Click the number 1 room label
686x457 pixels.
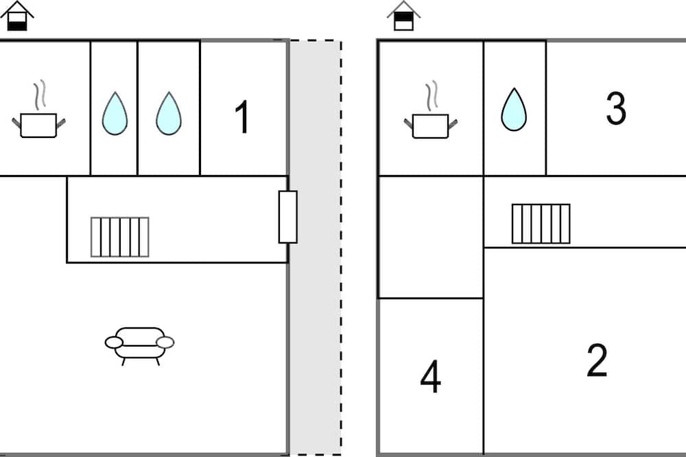[241, 117]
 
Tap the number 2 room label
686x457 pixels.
[597, 361]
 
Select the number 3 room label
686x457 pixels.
[616, 108]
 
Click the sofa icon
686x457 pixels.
[139, 342]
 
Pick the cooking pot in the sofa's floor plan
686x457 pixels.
[38, 125]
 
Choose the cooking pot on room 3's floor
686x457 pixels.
[430, 126]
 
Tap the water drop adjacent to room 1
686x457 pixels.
[168, 113]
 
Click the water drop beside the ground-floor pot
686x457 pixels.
[115, 113]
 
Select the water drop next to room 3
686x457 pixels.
[513, 110]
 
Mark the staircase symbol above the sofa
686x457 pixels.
[120, 237]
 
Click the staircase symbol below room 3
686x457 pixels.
[541, 224]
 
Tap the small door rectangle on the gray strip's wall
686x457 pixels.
[287, 217]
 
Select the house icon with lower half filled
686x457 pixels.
[19, 16]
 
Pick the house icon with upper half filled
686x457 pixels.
[404, 16]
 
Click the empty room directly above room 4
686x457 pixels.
[430, 237]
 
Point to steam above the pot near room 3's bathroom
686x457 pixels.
[431, 96]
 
